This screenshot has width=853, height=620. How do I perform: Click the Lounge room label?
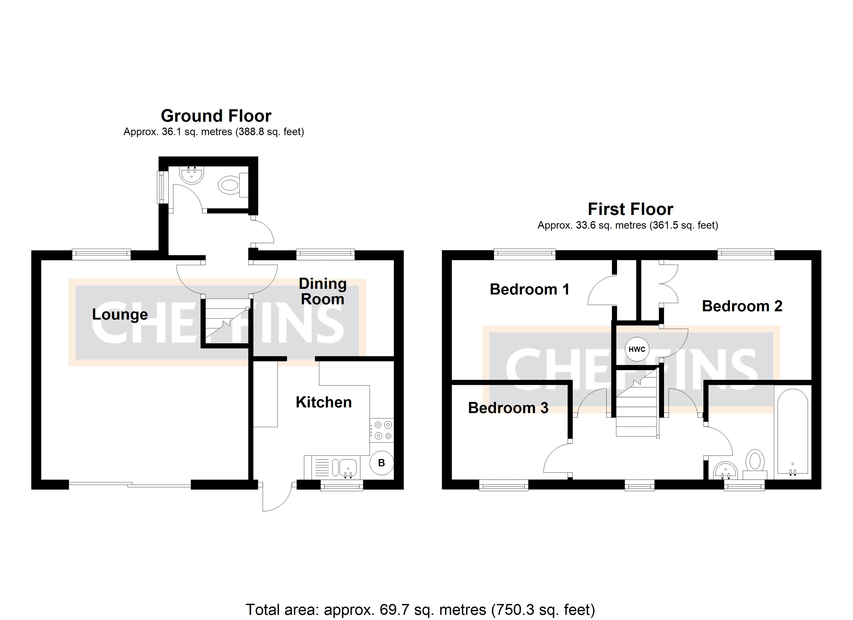[120, 314]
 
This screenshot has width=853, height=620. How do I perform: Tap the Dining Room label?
[323, 291]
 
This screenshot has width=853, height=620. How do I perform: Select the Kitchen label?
[323, 402]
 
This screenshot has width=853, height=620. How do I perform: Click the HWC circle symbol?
[637, 349]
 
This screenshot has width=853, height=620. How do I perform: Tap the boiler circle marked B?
[381, 463]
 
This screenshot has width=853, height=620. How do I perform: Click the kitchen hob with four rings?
[382, 430]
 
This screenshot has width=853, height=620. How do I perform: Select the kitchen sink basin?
[348, 468]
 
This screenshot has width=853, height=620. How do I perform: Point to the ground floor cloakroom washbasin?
[192, 175]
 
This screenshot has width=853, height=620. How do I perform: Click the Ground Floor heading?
[216, 116]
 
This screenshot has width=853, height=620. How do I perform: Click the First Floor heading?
[630, 209]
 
